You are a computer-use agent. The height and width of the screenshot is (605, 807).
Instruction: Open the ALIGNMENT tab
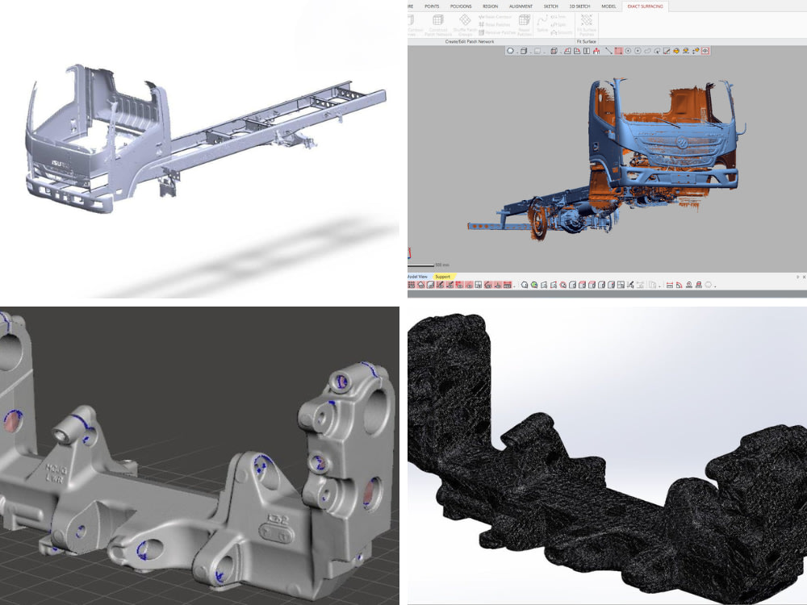tap(521, 6)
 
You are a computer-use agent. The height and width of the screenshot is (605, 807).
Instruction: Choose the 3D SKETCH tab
tap(578, 6)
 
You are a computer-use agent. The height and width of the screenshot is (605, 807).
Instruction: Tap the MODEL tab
tap(608, 6)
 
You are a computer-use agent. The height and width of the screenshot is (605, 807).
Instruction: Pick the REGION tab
tap(490, 6)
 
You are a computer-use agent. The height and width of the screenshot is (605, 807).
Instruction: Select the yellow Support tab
tap(443, 277)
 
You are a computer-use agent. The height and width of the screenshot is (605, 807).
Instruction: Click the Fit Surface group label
tap(587, 40)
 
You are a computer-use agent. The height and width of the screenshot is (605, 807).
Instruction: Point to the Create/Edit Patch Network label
tap(470, 40)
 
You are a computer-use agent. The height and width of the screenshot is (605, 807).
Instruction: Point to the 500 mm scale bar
tap(428, 263)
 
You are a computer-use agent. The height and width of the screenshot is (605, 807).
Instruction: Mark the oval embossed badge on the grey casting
tap(275, 525)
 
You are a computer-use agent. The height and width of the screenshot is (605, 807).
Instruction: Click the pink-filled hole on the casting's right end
tap(372, 492)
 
